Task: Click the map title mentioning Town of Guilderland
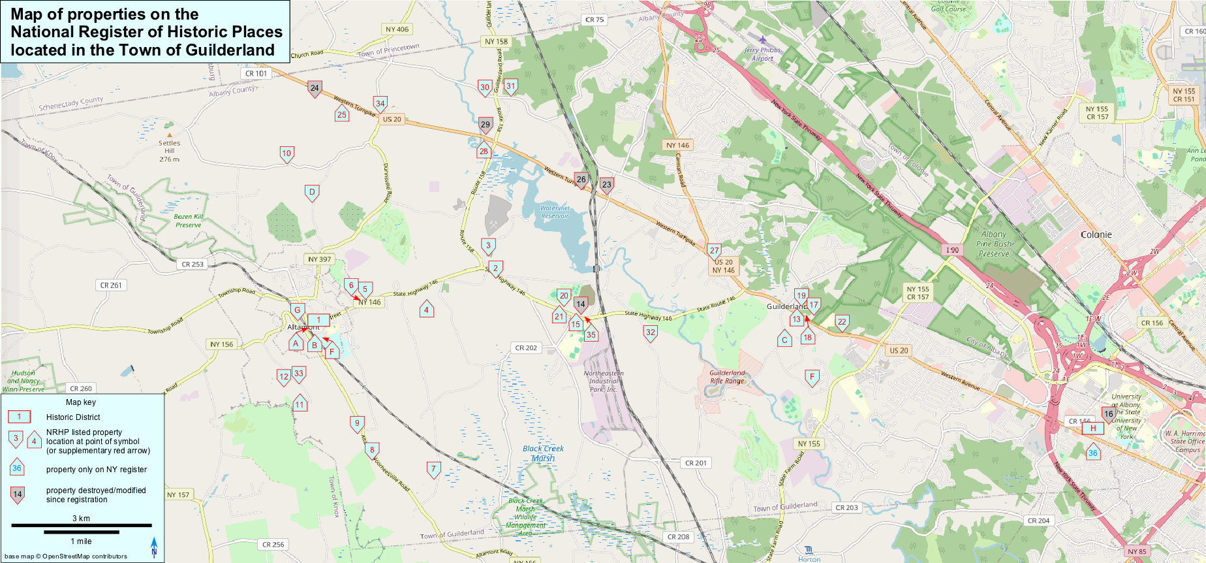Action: tap(146, 32)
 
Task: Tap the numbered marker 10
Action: tap(286, 154)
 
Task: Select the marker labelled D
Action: tap(312, 193)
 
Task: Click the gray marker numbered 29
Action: tap(485, 125)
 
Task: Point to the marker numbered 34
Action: tap(380, 104)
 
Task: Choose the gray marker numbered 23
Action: tap(607, 185)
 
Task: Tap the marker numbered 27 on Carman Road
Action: tap(714, 251)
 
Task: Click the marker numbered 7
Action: tap(433, 468)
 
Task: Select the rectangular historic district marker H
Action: tap(1092, 428)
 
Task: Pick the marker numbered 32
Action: tap(650, 332)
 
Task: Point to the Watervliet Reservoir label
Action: tap(555, 212)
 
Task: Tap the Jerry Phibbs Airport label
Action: tap(762, 54)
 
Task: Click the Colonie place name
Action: tap(1096, 234)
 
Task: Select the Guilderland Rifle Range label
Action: tap(727, 377)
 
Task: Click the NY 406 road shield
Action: tap(397, 29)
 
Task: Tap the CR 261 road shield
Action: tap(111, 285)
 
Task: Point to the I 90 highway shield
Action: tap(952, 250)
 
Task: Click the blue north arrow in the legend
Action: tap(154, 546)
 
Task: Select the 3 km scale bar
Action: tap(82, 524)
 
